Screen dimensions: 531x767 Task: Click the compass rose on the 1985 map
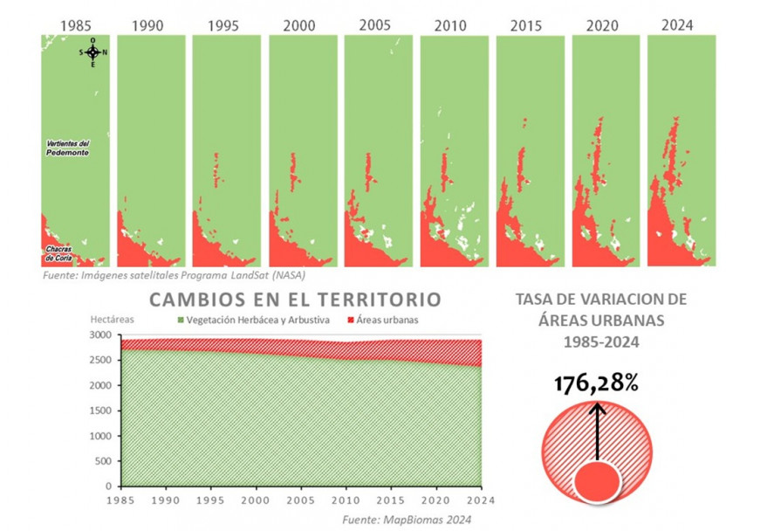[92, 52]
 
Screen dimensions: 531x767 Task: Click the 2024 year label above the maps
[677, 24]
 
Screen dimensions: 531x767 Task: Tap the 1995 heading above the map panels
[223, 25]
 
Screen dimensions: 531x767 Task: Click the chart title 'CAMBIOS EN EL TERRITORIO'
[295, 300]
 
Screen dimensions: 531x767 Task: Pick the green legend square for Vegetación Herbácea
[182, 321]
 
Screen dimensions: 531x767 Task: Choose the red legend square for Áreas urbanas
[352, 321]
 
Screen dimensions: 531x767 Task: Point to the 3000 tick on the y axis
[101, 335]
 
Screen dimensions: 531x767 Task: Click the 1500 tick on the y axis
[101, 410]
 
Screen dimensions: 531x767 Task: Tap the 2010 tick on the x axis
[345, 500]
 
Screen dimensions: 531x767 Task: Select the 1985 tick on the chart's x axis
[120, 500]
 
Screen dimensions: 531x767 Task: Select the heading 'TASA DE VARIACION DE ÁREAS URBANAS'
[602, 321]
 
